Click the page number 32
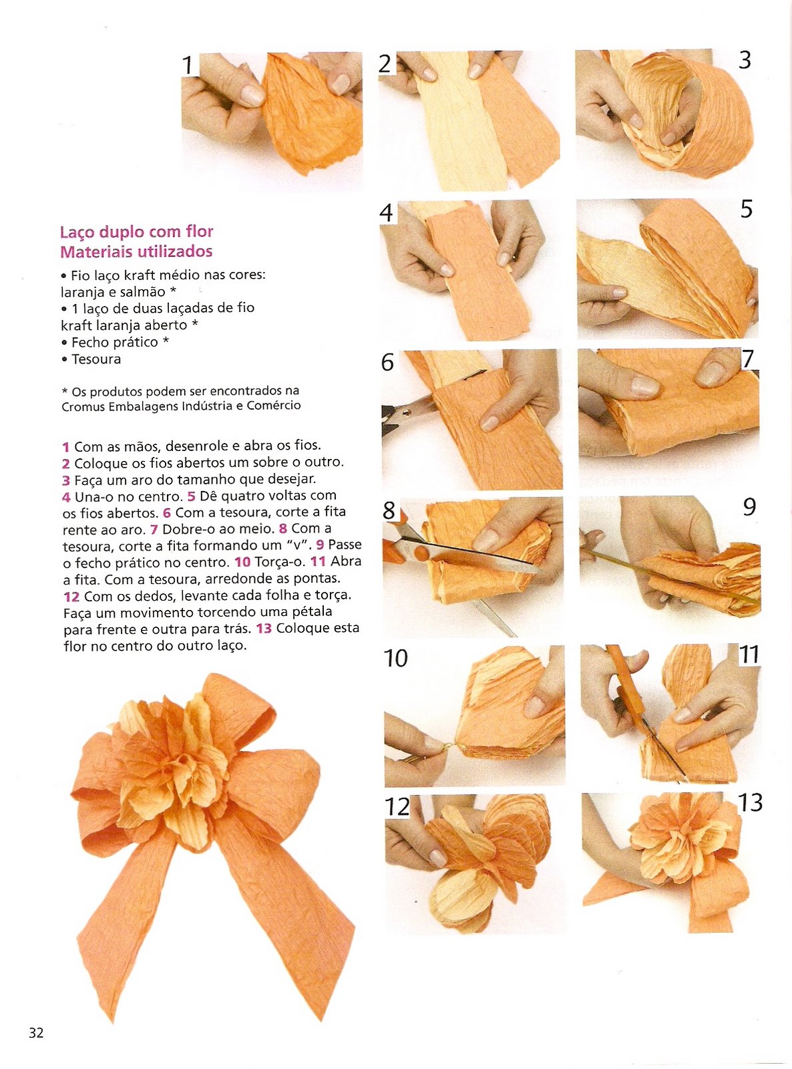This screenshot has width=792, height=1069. point(36,1032)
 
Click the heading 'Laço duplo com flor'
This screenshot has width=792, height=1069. point(136,232)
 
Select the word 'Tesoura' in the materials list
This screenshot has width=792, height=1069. point(96,359)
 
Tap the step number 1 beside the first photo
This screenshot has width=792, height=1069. point(188,65)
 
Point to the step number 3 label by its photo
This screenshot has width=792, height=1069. point(745,60)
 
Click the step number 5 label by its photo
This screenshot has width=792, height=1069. point(746,209)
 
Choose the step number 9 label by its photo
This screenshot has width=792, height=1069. point(749,506)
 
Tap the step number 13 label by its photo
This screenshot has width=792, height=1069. point(750,802)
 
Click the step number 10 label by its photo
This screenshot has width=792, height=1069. point(395,658)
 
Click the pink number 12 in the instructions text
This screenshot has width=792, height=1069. point(71,597)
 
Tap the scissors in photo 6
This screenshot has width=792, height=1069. point(405,413)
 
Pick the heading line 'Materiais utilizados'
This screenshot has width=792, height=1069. point(136,252)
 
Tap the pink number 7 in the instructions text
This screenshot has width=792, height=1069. point(154,530)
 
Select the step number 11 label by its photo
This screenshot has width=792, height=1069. point(749,655)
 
